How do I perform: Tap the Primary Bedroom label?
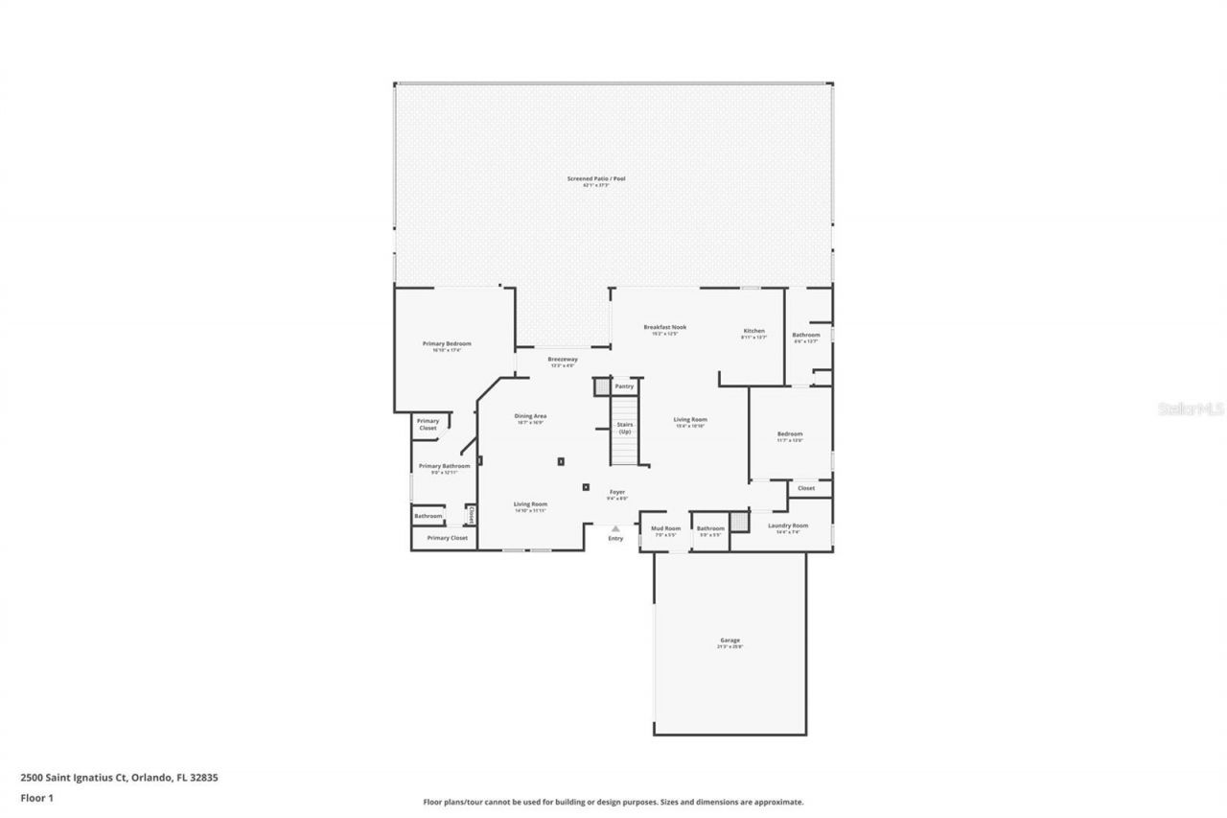(447, 343)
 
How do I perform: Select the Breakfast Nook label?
(664, 327)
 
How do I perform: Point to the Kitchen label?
(754, 331)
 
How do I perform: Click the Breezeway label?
(562, 359)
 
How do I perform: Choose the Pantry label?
(624, 386)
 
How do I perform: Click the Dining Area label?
(530, 416)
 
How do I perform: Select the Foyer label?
(617, 492)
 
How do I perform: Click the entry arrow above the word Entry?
(615, 528)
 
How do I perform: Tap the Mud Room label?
(666, 528)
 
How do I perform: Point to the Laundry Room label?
(788, 526)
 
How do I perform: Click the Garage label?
(729, 641)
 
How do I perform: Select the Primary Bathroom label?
(444, 466)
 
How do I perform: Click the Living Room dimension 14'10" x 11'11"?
(530, 511)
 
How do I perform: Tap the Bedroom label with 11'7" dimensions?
(790, 434)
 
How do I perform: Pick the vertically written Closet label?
(472, 515)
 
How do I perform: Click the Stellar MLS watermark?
(1191, 409)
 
